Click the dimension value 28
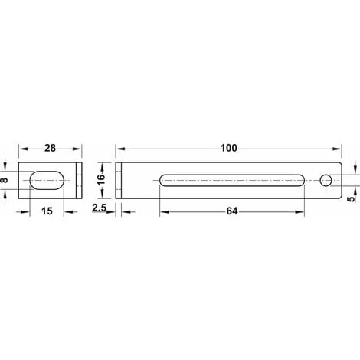(50, 148)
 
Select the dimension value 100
(229, 148)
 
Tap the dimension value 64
(232, 211)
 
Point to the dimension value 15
(47, 211)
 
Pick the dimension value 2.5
(99, 208)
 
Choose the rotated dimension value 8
(4, 180)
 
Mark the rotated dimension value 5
(352, 199)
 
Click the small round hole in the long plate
(326, 181)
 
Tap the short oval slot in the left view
(47, 180)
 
